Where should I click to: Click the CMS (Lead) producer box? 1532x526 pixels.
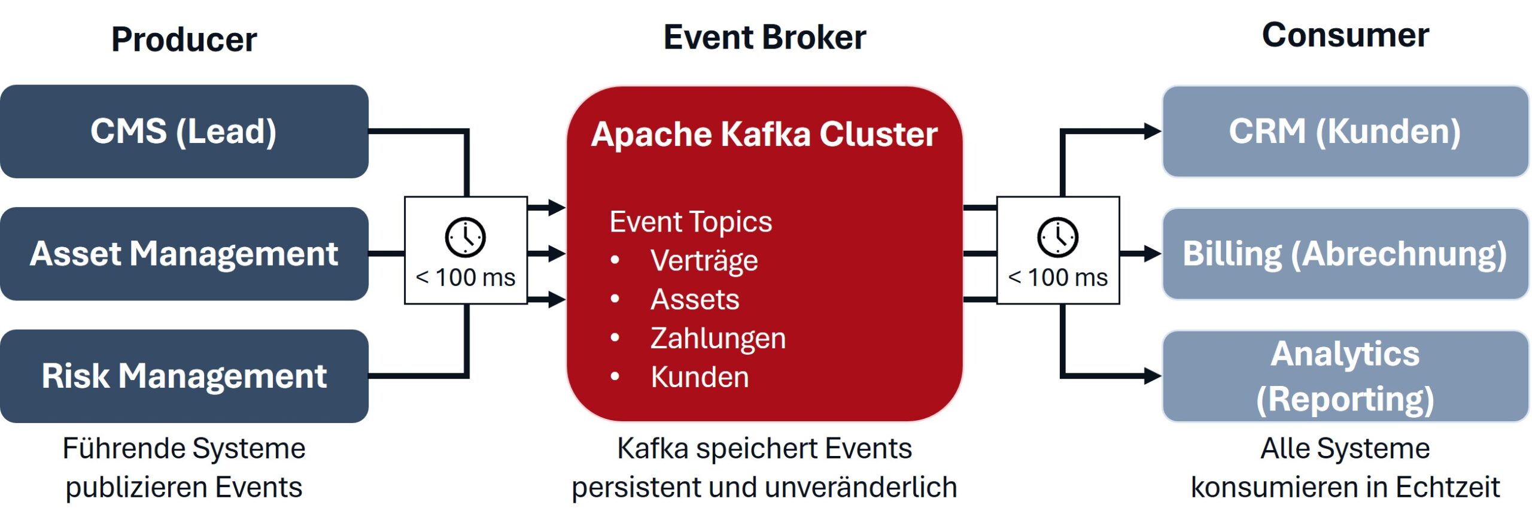(x=184, y=131)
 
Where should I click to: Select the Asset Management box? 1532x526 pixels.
(x=184, y=254)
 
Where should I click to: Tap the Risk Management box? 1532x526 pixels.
(x=184, y=376)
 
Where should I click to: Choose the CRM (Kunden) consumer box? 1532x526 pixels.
(x=1345, y=131)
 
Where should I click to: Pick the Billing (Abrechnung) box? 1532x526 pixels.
(x=1345, y=254)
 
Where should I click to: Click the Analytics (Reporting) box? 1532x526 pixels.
(x=1345, y=376)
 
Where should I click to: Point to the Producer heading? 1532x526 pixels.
(x=184, y=39)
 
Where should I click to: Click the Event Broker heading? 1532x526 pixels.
(x=764, y=37)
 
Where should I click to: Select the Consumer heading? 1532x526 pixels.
(x=1345, y=35)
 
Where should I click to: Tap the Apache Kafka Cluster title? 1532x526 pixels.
(x=764, y=133)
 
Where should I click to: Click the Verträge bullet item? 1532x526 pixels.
(x=704, y=261)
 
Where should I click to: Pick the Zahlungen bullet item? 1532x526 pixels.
(x=718, y=338)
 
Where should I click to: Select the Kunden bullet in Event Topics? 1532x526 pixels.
(x=700, y=377)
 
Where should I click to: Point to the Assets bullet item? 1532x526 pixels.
(x=695, y=299)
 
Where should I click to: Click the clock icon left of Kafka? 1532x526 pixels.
(x=465, y=238)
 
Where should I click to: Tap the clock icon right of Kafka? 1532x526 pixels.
(x=1057, y=238)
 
